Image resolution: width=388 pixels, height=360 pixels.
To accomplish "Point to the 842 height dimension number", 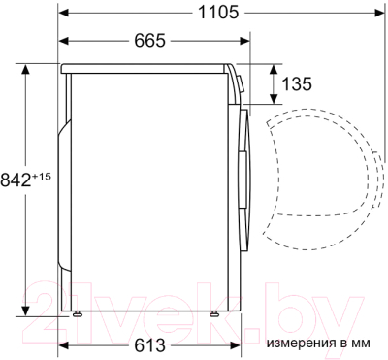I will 17,179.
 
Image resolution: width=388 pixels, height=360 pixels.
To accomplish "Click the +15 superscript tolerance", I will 43,174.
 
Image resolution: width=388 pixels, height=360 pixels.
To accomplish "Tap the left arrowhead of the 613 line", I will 64,344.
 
